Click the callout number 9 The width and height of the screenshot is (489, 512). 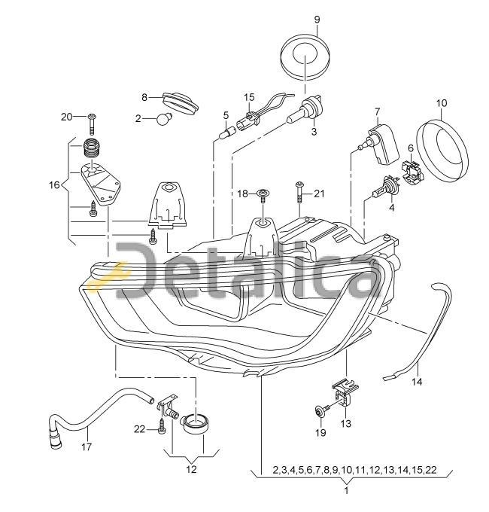pyautogui.click(x=317, y=20)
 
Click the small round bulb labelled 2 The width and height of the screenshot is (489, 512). pyautogui.click(x=162, y=118)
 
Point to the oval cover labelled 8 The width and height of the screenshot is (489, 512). pyautogui.click(x=181, y=102)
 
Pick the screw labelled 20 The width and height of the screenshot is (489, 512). pyautogui.click(x=93, y=124)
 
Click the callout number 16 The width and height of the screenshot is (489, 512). pyautogui.click(x=54, y=185)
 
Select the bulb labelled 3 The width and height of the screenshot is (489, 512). pyautogui.click(x=305, y=109)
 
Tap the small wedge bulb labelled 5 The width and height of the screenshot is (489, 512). pyautogui.click(x=226, y=133)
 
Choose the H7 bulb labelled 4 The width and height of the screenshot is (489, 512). pyautogui.click(x=386, y=188)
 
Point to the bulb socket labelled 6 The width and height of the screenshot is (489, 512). pyautogui.click(x=413, y=169)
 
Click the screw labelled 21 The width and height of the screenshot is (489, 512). pyautogui.click(x=299, y=193)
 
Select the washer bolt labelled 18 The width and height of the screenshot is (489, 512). pyautogui.click(x=263, y=195)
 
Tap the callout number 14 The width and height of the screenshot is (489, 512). pyautogui.click(x=417, y=381)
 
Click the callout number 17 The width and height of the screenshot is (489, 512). pyautogui.click(x=87, y=446)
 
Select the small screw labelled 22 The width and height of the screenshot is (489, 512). pyautogui.click(x=162, y=427)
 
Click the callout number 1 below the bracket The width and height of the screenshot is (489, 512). pyautogui.click(x=347, y=490)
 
